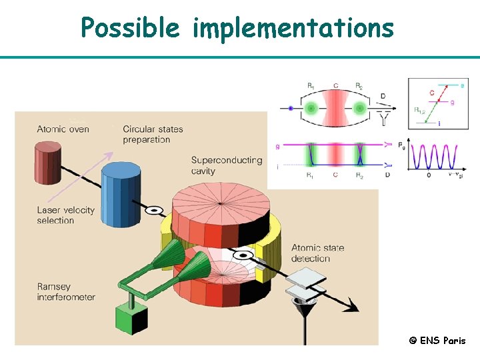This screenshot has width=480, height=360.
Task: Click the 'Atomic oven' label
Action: click(63, 129)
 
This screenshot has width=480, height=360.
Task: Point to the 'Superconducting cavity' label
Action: click(217, 165)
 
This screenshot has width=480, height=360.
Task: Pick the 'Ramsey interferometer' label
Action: click(66, 292)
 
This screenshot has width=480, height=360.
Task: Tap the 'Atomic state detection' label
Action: click(318, 253)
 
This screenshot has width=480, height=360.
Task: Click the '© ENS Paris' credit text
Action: click(437, 341)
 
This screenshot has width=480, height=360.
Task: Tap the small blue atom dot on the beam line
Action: click(291, 108)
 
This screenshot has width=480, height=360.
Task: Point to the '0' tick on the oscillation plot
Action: click(429, 175)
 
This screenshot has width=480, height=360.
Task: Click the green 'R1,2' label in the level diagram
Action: click(419, 110)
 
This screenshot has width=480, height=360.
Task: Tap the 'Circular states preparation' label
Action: click(153, 134)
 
